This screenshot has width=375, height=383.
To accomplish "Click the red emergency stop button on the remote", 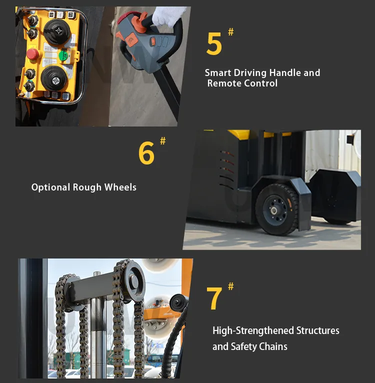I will point(32,53).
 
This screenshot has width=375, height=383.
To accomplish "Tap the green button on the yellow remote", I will point(63,55).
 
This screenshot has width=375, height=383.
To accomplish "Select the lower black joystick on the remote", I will point(54,79).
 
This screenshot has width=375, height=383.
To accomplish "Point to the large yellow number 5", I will point(214,44).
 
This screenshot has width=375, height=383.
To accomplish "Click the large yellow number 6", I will point(146,153).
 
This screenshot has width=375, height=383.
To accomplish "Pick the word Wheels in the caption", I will point(120,187).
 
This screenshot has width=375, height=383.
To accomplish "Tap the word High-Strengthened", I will point(253,330).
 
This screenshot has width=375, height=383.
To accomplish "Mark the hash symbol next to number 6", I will point(162,141).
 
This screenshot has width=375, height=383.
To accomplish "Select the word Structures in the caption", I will point(318,330).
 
